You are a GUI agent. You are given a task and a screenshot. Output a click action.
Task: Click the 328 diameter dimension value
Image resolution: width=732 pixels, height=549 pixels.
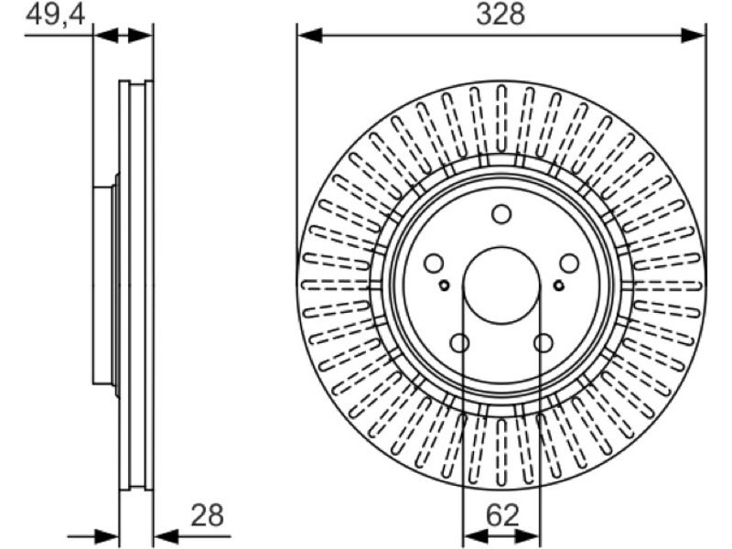[x=501, y=15]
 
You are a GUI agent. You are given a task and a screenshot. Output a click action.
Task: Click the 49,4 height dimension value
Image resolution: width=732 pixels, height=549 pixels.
[x=56, y=15]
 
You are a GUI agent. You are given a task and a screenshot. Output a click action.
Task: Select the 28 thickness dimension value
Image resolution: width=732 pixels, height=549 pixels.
[x=208, y=515]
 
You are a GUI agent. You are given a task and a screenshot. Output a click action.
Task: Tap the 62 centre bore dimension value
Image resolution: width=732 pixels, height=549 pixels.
[x=502, y=515]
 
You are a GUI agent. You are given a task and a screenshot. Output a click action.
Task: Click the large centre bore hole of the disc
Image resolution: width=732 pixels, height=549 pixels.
[x=501, y=285]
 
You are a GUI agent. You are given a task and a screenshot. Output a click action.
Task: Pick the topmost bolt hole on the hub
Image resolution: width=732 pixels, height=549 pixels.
[x=501, y=214]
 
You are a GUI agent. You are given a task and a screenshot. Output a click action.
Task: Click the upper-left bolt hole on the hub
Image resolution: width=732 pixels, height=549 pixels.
[x=434, y=264]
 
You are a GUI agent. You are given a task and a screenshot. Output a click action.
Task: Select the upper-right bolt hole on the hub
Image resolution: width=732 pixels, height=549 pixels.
[x=569, y=264]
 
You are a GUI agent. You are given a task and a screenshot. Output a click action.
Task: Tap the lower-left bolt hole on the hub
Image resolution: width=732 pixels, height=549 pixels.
[x=460, y=343]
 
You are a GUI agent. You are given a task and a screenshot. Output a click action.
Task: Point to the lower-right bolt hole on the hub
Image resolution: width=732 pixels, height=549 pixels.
[x=544, y=343]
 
